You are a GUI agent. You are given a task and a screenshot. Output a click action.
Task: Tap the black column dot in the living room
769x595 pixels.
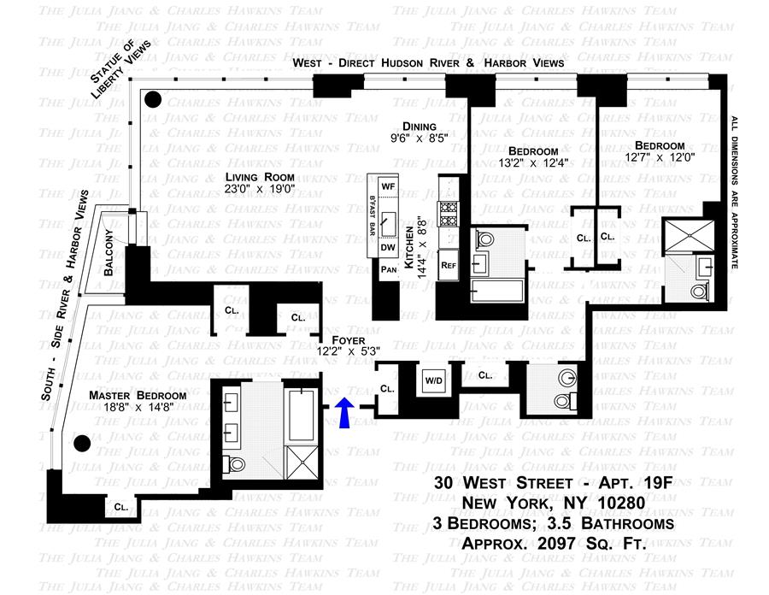tap(153, 100)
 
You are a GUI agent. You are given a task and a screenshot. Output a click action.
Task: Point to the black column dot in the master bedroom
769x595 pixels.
tap(82, 443)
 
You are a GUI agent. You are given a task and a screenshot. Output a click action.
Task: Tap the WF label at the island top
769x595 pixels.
tap(389, 186)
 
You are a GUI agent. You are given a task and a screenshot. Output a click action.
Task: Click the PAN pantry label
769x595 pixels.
tap(388, 269)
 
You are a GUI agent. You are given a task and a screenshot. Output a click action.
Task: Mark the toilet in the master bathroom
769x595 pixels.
tap(234, 464)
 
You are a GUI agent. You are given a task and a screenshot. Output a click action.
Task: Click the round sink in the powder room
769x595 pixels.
tap(565, 377)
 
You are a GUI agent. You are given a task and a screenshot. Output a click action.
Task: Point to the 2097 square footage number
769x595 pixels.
tap(572, 543)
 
